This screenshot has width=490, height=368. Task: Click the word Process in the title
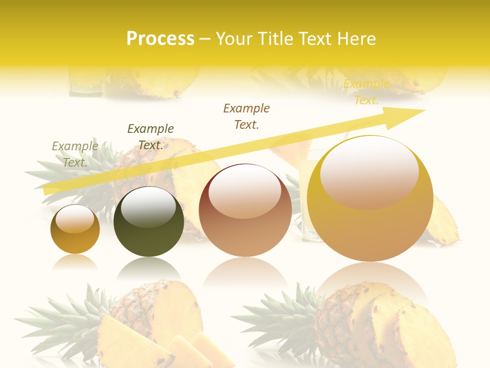[x=160, y=39]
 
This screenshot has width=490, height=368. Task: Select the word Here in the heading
[x=356, y=39]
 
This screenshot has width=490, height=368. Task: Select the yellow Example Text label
[x=366, y=92]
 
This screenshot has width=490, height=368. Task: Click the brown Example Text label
[x=247, y=116]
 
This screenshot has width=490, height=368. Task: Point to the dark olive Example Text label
[x=151, y=136]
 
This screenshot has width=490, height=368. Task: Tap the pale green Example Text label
[x=75, y=154]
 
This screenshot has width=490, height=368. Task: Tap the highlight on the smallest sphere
[x=75, y=219]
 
